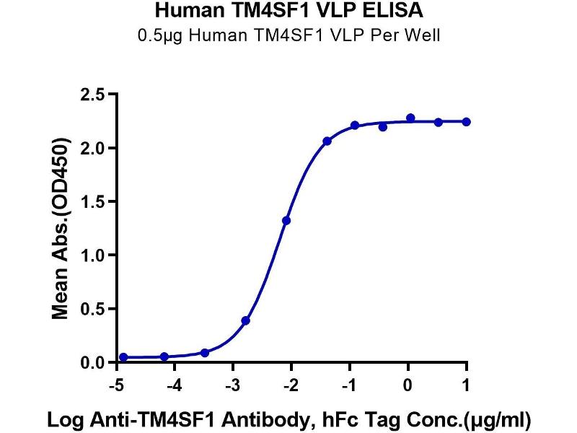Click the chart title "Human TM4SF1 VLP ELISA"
[x=288, y=12]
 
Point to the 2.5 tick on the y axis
[x=92, y=95]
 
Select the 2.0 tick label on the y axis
[x=92, y=148]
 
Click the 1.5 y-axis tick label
[x=92, y=201]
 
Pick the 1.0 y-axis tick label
[x=92, y=255]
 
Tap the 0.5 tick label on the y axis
[x=92, y=308]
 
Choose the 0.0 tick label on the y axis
[x=92, y=362]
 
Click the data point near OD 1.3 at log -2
[x=286, y=220]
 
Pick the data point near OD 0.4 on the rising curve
[x=246, y=320]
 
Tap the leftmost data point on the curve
[x=123, y=357]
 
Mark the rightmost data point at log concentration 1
[x=467, y=122]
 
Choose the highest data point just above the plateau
[x=410, y=118]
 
